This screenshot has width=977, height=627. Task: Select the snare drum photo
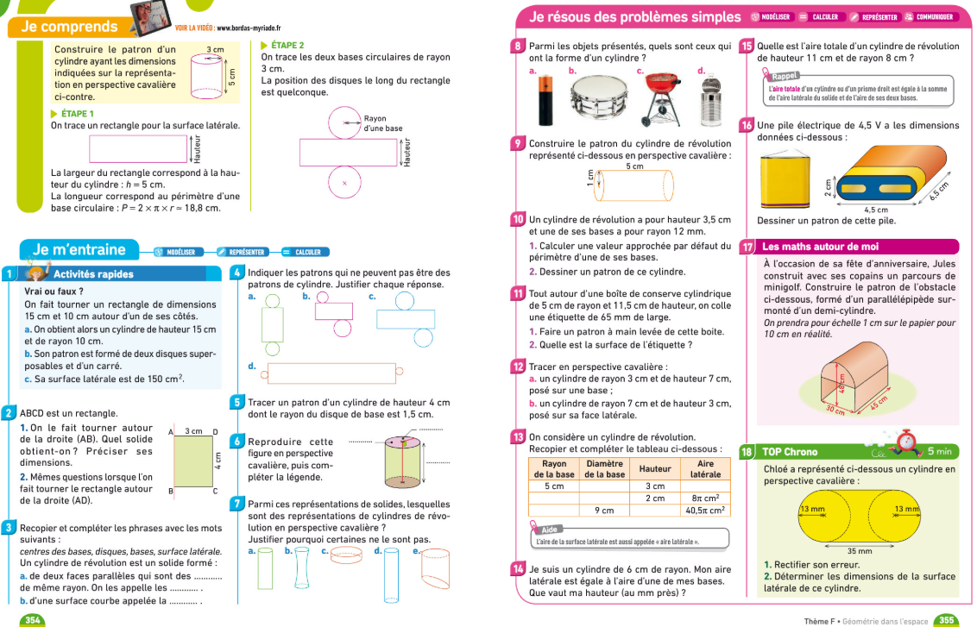[x=591, y=97]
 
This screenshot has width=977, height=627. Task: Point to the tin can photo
[x=710, y=97]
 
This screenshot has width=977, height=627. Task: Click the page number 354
[x=33, y=619]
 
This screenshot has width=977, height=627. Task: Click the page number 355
[x=946, y=619]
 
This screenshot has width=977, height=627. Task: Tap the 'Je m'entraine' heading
[x=79, y=250]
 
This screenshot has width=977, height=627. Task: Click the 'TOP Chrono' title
[x=790, y=451]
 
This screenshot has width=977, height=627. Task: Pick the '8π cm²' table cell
[x=706, y=498]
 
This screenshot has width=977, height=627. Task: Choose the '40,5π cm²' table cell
[x=706, y=510]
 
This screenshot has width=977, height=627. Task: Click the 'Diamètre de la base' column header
[x=605, y=468]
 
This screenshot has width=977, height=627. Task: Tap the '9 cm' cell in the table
[x=604, y=510]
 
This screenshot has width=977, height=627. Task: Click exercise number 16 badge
[x=747, y=126]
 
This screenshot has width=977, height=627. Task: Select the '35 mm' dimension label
[x=859, y=551]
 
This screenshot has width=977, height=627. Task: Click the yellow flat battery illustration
[x=787, y=181]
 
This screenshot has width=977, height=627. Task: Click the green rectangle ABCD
[x=195, y=460]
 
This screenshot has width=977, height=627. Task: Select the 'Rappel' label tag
[x=785, y=76]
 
